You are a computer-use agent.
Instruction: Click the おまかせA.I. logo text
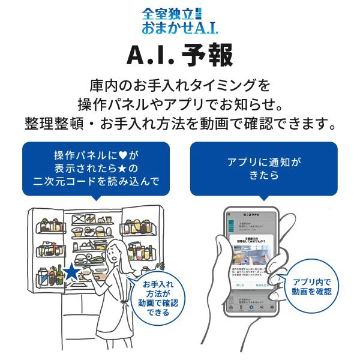tap(179, 28)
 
